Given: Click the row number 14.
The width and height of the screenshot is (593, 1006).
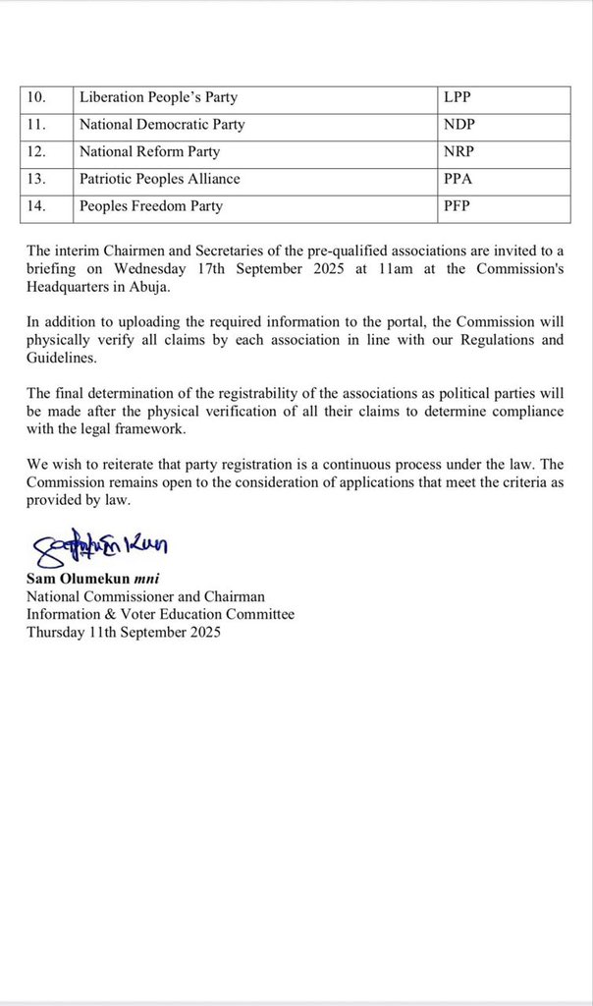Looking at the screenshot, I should pyautogui.click(x=37, y=206).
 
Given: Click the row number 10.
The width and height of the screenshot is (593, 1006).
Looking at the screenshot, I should pyautogui.click(x=37, y=98).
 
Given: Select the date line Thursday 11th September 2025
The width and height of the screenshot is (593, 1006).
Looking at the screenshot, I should pyautogui.click(x=125, y=634).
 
